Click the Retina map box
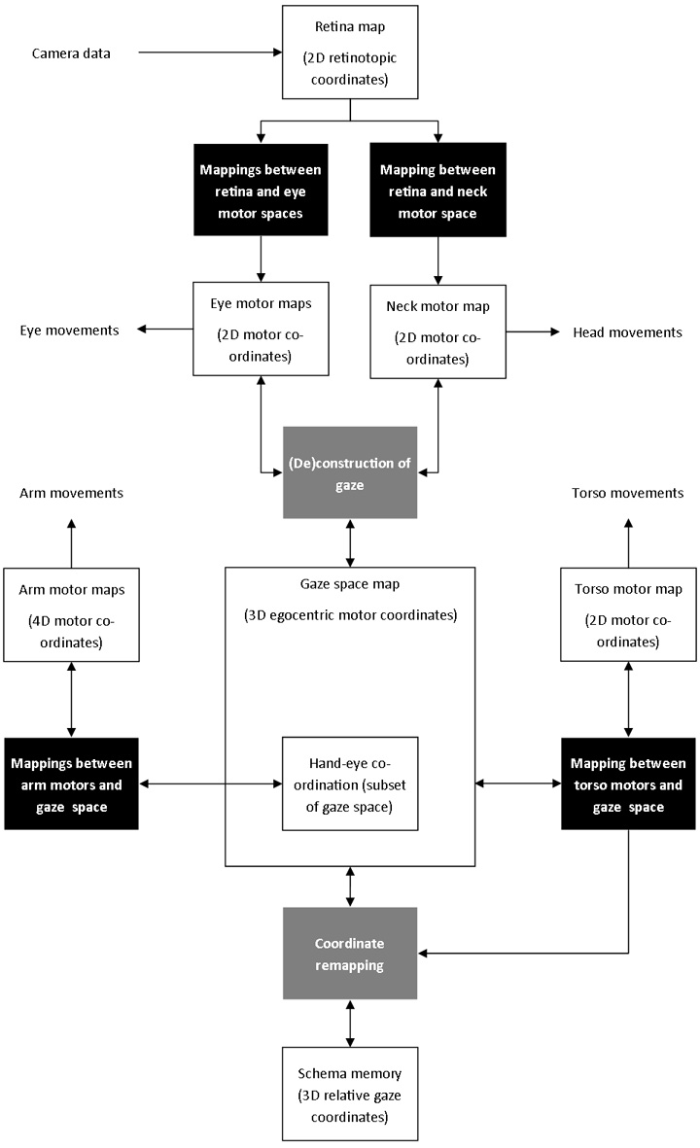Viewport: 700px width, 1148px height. (350, 52)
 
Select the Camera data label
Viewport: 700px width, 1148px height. (70, 53)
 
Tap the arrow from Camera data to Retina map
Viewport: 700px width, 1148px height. (209, 53)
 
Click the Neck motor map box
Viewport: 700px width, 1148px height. (438, 331)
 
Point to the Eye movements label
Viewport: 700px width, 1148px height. (69, 330)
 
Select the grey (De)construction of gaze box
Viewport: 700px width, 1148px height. (350, 472)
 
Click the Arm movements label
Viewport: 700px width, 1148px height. (71, 493)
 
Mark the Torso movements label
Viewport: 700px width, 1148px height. (627, 493)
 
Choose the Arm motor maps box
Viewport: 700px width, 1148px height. (71, 615)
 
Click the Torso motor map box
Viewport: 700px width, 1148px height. (628, 615)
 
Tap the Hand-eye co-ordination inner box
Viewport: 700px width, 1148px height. (350, 783)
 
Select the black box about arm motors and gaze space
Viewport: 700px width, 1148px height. (71, 783)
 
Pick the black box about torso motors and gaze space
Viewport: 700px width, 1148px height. (628, 783)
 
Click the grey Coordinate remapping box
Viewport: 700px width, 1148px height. (350, 954)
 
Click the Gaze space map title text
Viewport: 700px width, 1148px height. (350, 584)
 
